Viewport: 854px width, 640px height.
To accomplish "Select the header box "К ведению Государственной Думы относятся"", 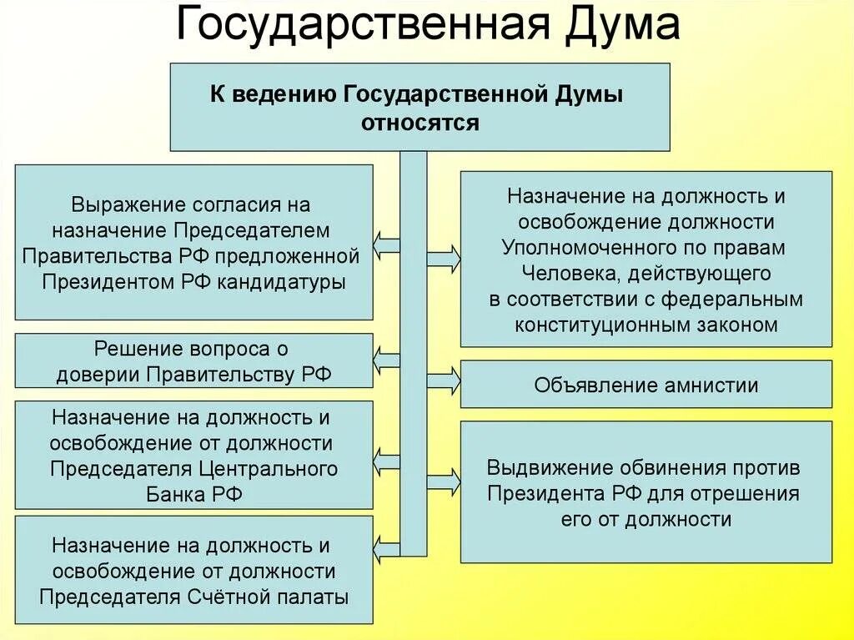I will tap(419, 107).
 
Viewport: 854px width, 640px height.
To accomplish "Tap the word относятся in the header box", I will tap(419, 123).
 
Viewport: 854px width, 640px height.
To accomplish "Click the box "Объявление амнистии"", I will tap(646, 385).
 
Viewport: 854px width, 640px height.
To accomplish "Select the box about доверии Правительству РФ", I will tap(193, 360).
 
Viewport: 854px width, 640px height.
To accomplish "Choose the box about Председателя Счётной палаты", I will tap(193, 570).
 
